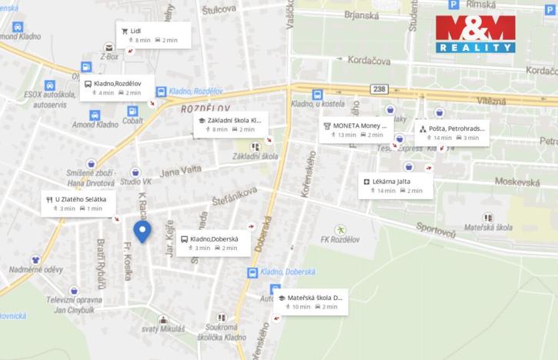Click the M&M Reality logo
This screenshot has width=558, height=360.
click(x=475, y=34)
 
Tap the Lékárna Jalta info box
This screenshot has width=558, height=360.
click(x=396, y=185)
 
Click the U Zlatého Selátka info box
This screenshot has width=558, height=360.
click(x=79, y=203)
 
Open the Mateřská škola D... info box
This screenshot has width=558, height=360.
click(x=311, y=301)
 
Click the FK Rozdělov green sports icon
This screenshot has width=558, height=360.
click(x=340, y=229)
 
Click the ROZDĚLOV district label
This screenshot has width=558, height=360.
click(x=200, y=109)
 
